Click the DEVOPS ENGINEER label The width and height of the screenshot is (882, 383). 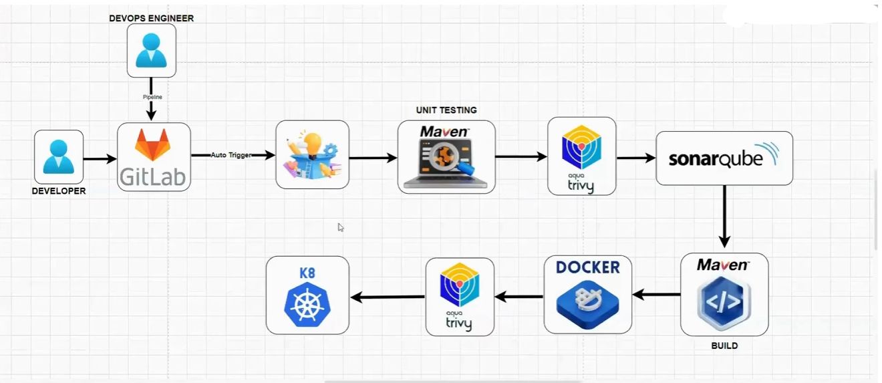[152, 19]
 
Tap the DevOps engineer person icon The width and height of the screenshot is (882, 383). [152, 50]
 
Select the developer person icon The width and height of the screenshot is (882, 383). [59, 156]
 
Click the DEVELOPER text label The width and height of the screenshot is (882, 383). [59, 191]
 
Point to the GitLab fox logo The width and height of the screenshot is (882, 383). [154, 144]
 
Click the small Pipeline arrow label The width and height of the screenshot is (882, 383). [152, 97]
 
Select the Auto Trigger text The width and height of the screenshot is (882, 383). [231, 155]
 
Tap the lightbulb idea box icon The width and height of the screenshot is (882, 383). [313, 155]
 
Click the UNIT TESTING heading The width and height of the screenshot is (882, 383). [446, 110]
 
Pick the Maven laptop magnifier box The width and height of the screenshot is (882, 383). [446, 157]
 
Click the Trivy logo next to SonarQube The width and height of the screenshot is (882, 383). [581, 150]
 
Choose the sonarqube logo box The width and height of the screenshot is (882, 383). [724, 158]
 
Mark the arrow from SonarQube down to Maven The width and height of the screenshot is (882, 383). [724, 217]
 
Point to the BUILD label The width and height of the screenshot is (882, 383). [724, 346]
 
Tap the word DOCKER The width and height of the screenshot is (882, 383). [588, 267]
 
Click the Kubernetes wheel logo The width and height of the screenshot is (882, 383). [307, 304]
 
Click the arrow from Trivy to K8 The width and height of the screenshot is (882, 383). [388, 297]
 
